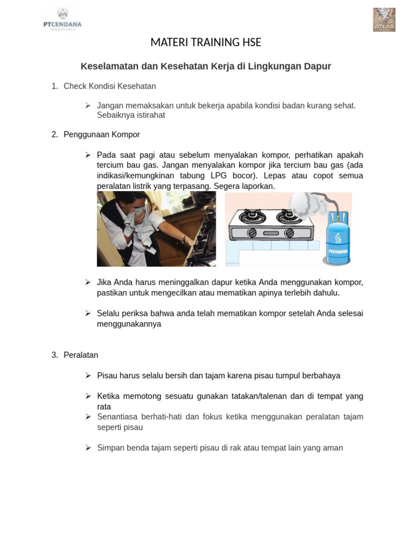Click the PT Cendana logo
[x=62, y=19]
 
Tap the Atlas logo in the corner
[x=384, y=20]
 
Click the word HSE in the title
[x=249, y=42]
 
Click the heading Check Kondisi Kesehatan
[x=109, y=86]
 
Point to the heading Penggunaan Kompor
[x=101, y=134]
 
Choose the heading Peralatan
[x=80, y=355]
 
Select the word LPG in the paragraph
[x=219, y=176]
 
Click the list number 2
[x=55, y=134]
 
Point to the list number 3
[x=55, y=355]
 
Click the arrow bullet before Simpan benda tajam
[x=88, y=447]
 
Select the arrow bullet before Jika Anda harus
[x=88, y=282]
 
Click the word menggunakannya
[x=129, y=324]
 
